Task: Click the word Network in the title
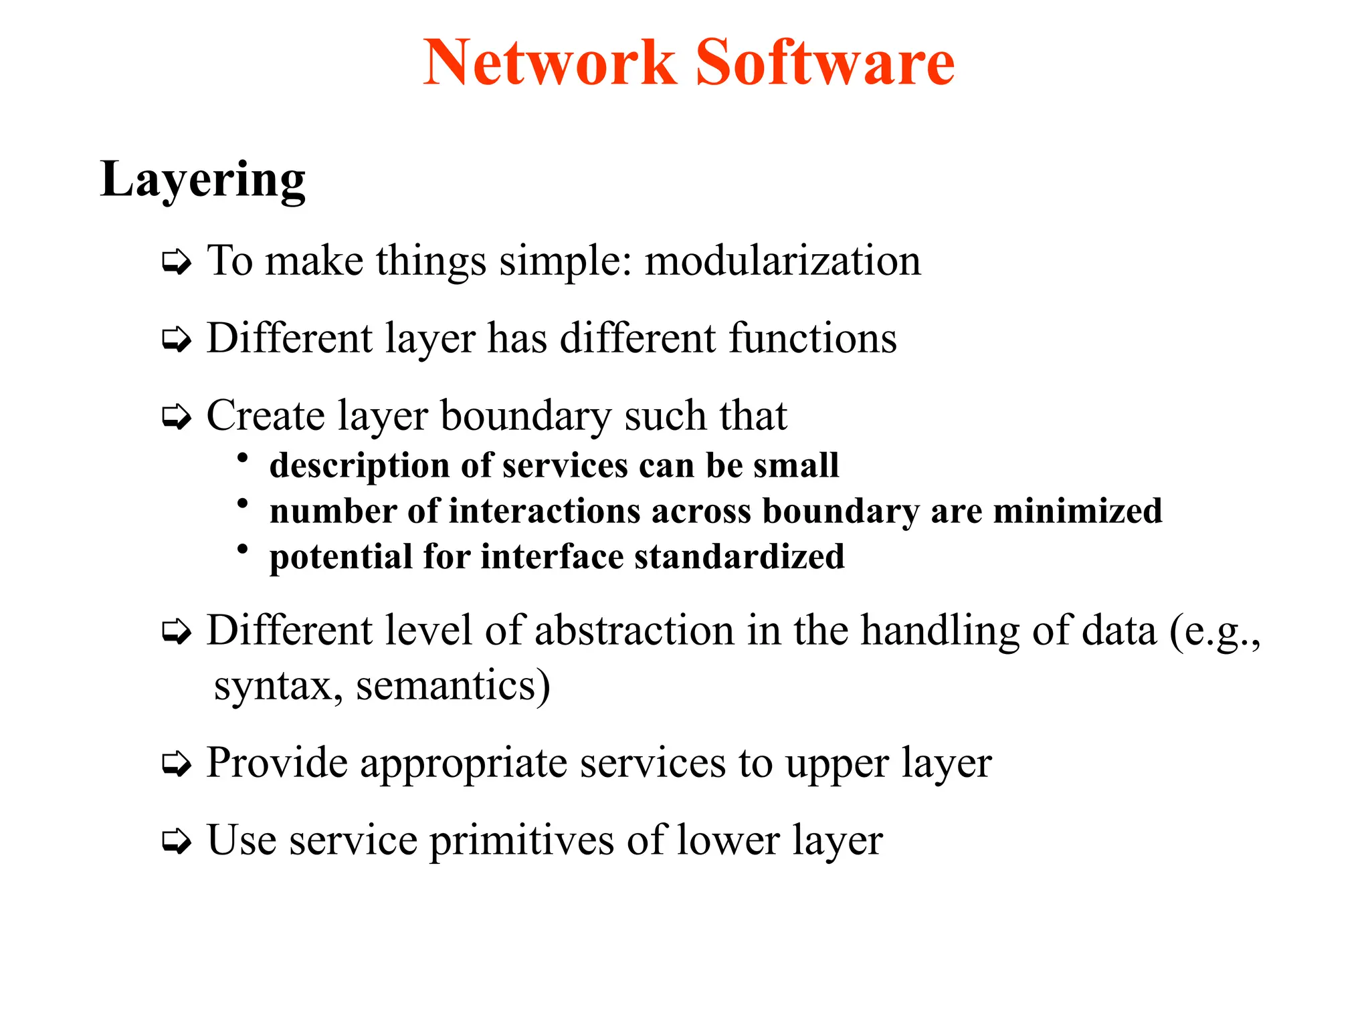(550, 63)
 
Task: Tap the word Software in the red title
(825, 63)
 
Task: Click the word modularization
(783, 260)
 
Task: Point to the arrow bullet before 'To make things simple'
(177, 262)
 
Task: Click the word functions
(813, 338)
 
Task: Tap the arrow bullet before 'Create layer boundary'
(177, 418)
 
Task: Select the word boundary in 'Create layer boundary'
(526, 417)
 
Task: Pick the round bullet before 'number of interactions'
(243, 503)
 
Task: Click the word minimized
(1078, 511)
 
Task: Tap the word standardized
(739, 557)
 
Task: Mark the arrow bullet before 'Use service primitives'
(177, 841)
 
